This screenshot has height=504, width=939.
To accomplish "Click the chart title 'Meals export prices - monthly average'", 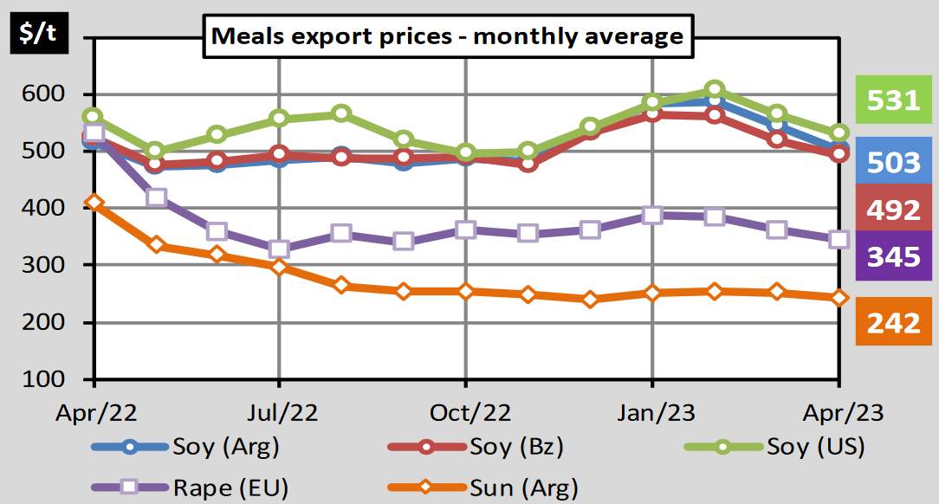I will click(x=448, y=36).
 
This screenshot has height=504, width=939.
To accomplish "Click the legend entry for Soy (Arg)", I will click(x=185, y=448).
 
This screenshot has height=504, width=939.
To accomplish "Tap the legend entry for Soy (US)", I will click(x=775, y=448).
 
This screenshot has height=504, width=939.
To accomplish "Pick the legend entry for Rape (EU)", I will click(x=185, y=487).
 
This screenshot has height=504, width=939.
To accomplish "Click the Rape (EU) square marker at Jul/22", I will click(x=279, y=249).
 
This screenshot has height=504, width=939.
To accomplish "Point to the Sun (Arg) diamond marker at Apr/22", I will click(x=94, y=204).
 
